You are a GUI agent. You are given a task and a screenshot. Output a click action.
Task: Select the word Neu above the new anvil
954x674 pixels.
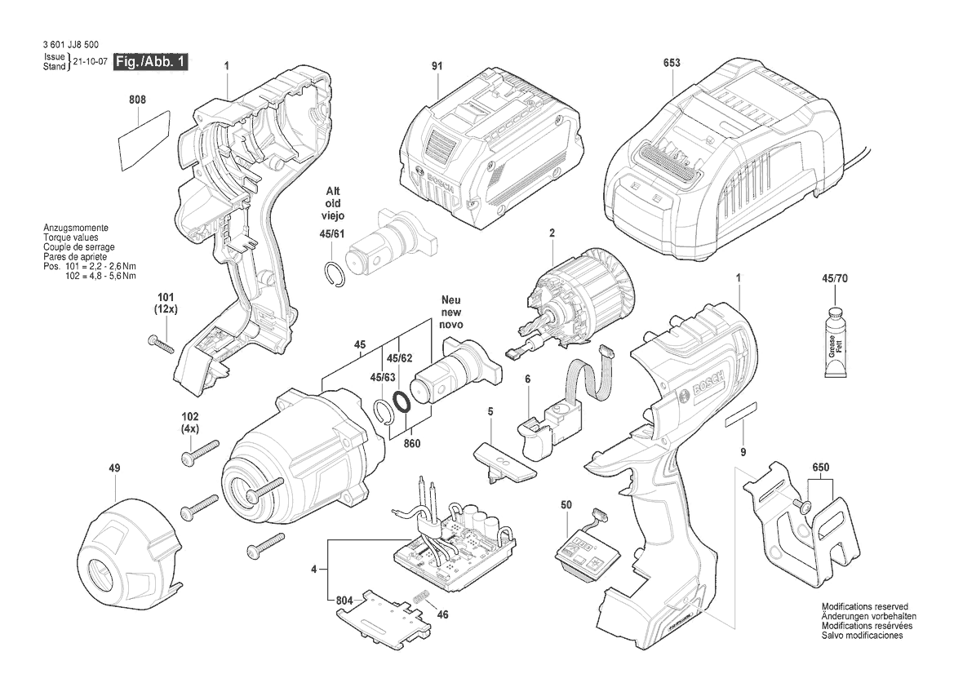coord(451,299)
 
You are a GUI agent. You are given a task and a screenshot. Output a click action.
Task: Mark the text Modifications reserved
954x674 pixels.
coord(866,608)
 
